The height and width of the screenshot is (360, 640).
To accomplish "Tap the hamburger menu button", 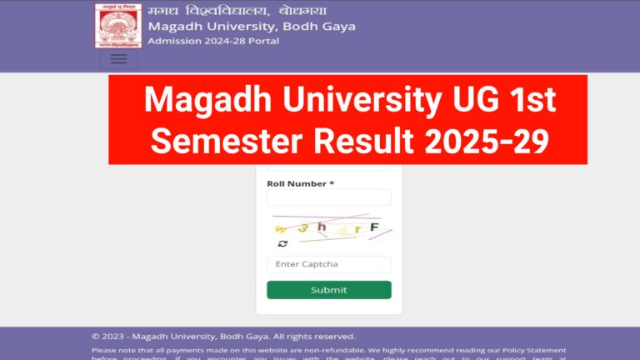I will (118, 59).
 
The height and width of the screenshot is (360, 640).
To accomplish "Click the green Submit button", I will (328, 290).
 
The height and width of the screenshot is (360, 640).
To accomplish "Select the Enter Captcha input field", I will (328, 264).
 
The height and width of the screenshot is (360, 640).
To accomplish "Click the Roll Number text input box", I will (328, 197).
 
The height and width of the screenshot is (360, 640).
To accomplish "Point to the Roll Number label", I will (300, 183).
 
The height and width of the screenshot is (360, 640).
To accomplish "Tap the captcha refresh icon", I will (282, 243).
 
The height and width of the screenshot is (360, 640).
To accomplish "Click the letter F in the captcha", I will (374, 227).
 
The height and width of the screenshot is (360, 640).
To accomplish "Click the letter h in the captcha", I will (322, 227).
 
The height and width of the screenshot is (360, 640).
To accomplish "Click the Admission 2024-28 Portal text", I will (213, 41).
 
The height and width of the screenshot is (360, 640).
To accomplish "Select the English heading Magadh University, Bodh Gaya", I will (252, 26).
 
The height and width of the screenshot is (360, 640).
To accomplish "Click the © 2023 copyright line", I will (223, 336).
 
